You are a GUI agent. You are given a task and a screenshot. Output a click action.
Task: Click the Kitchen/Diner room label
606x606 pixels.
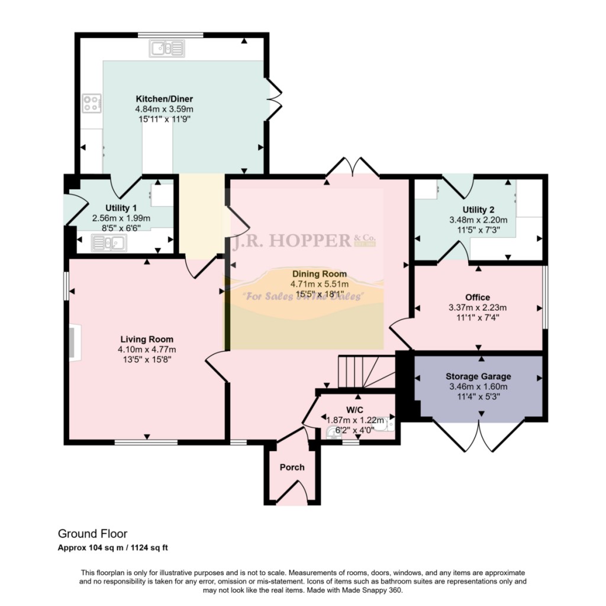click(164, 99)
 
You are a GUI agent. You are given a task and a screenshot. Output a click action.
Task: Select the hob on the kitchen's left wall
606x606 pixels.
click(91, 104)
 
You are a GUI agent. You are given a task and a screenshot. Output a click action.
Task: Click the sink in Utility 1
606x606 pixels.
click(109, 242)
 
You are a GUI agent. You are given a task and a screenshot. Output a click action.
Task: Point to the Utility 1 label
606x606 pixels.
click(121, 208)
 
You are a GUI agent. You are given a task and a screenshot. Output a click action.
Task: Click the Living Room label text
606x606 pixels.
click(147, 339)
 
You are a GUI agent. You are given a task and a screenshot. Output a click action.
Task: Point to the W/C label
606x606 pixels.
click(354, 410)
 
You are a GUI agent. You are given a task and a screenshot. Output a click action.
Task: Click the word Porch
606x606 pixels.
click(292, 467)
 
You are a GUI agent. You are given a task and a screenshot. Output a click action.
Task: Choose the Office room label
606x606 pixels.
click(478, 297)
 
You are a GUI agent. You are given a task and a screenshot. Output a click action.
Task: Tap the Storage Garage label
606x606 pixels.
click(478, 376)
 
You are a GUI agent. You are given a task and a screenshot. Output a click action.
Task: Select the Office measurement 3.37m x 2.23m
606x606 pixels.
click(478, 307)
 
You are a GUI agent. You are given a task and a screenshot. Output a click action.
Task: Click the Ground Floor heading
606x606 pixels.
click(92, 534)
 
